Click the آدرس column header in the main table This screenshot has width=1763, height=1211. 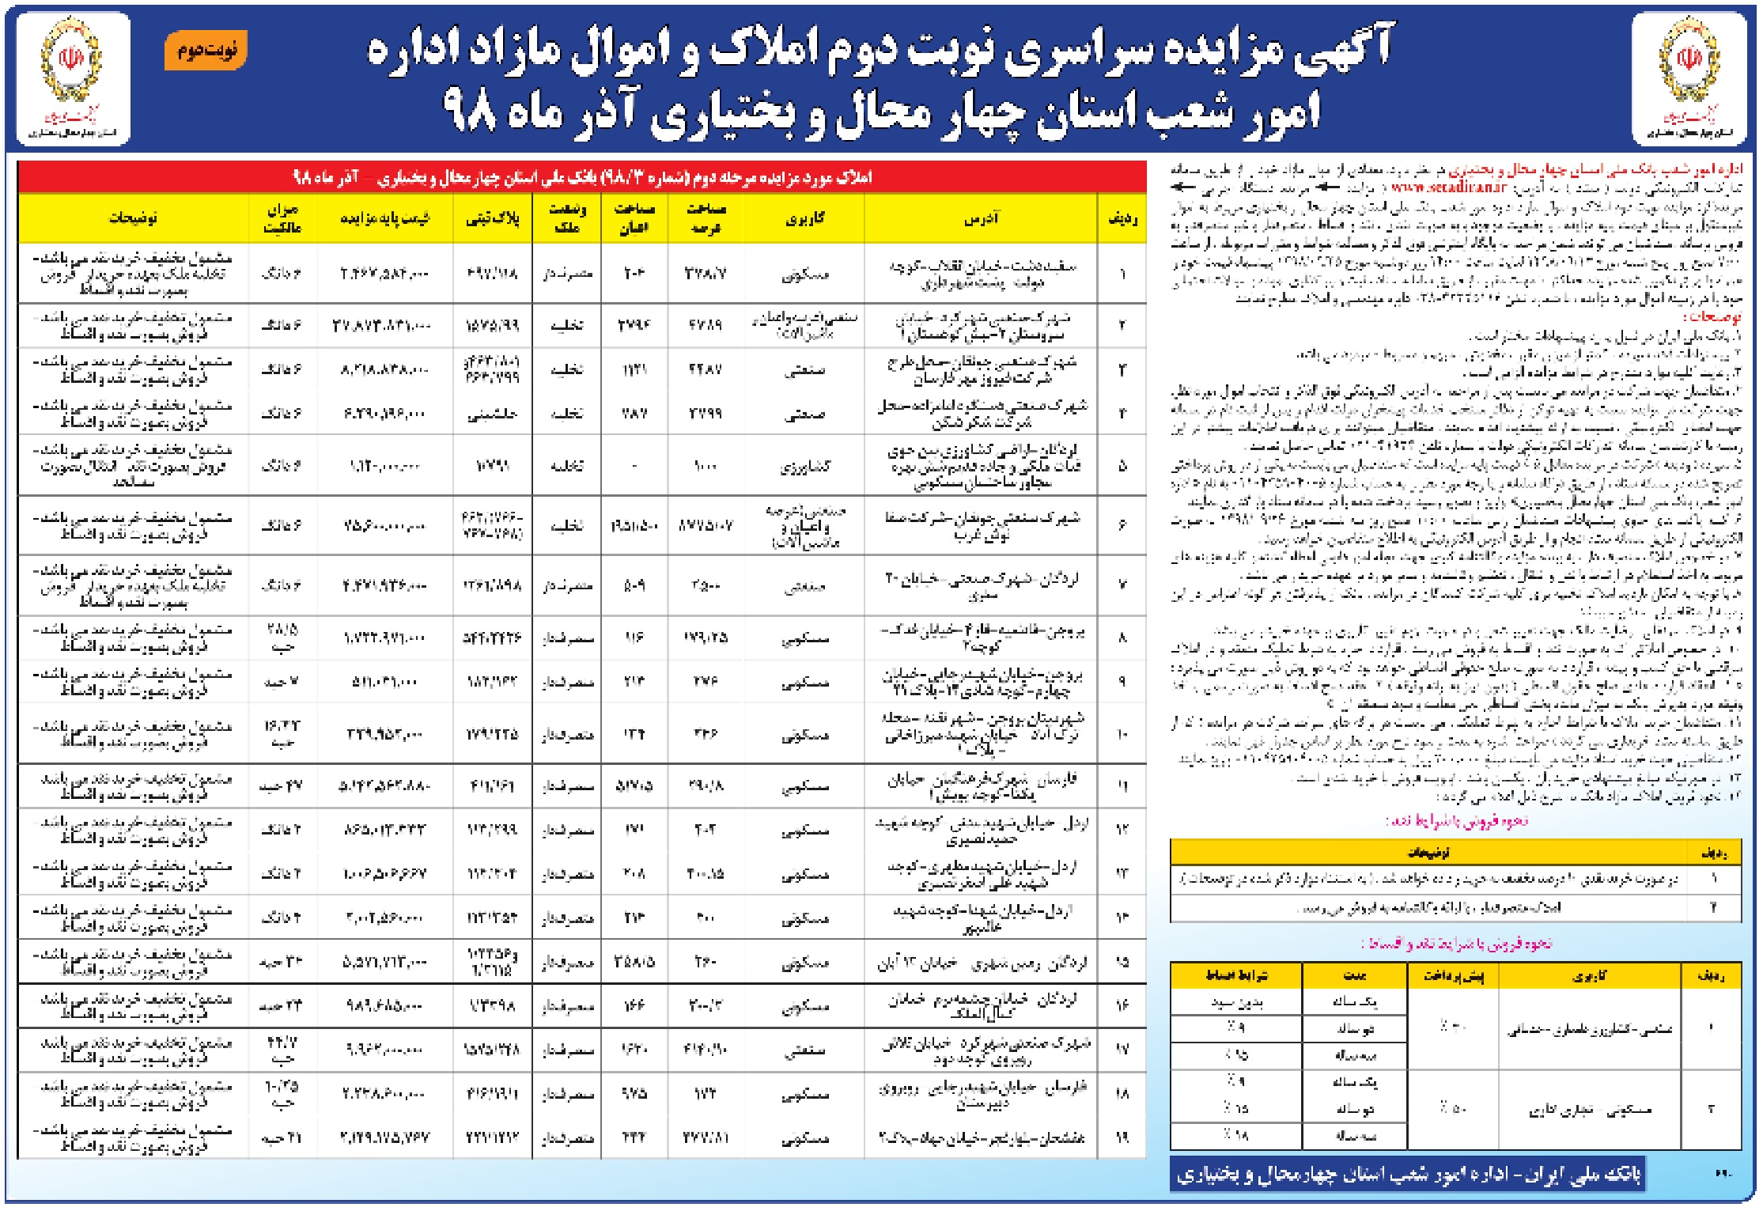click(x=982, y=218)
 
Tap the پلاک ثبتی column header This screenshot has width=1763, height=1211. click(x=493, y=218)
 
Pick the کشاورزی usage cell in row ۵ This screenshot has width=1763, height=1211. click(x=805, y=466)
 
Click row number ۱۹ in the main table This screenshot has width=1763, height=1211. click(x=1122, y=1138)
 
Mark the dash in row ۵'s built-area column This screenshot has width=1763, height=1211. click(x=634, y=466)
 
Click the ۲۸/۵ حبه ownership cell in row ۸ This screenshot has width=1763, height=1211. click(x=281, y=638)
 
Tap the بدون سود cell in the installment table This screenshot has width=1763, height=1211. click(x=1237, y=1003)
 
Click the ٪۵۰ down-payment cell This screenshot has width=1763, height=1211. click(x=1452, y=1108)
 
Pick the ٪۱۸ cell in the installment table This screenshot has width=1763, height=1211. click(x=1237, y=1135)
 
